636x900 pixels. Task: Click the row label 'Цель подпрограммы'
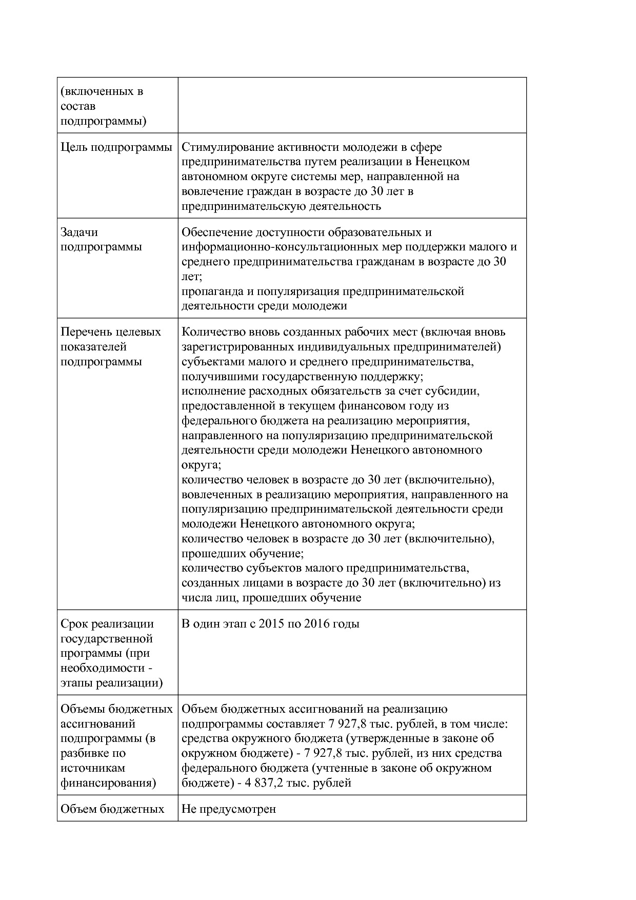116,148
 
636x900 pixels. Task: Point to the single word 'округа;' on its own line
201,465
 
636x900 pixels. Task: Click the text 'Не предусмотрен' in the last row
229,809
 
